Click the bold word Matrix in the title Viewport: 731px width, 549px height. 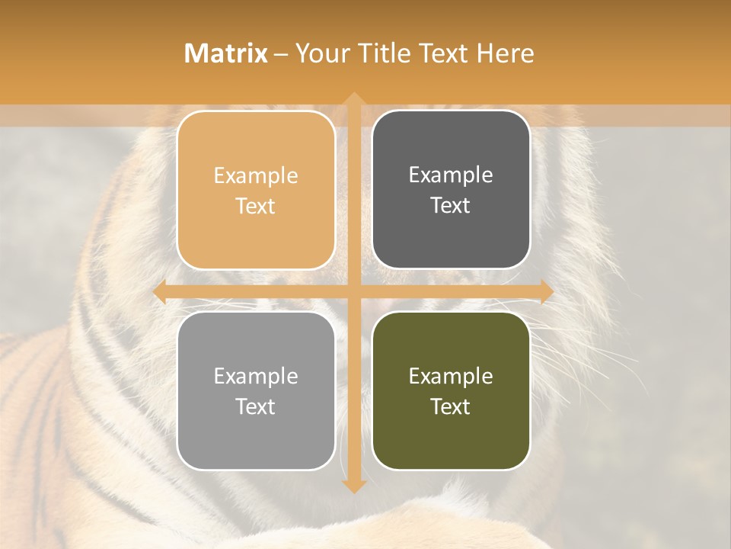click(226, 53)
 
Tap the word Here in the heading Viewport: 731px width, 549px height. click(505, 53)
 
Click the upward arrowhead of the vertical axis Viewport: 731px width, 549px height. click(353, 99)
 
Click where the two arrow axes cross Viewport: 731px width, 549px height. click(353, 292)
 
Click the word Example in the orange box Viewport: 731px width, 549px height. click(256, 176)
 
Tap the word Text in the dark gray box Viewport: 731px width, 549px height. click(451, 206)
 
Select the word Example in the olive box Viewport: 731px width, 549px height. click(451, 377)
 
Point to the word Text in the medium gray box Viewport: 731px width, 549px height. click(256, 406)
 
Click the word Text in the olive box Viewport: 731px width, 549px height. click(451, 406)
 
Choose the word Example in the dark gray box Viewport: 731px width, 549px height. click(451, 175)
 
